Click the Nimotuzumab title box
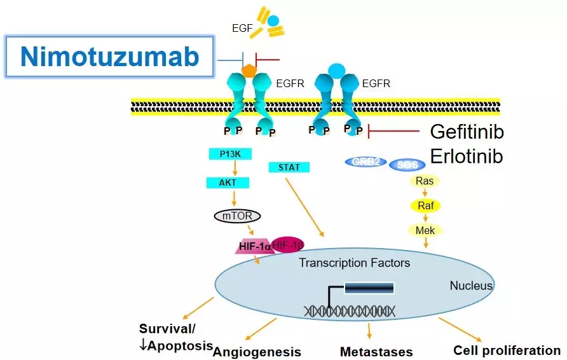tap(109, 57)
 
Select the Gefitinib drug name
tap(467, 132)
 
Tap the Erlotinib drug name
tap(467, 156)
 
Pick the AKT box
tap(226, 183)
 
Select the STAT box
tap(289, 167)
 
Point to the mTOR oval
tap(236, 216)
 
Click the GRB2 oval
tap(365, 162)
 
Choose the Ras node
tap(424, 181)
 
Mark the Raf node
tap(424, 205)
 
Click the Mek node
tap(424, 230)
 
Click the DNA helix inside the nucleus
tap(350, 310)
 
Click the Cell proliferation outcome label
tap(507, 350)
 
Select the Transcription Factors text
tap(355, 263)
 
